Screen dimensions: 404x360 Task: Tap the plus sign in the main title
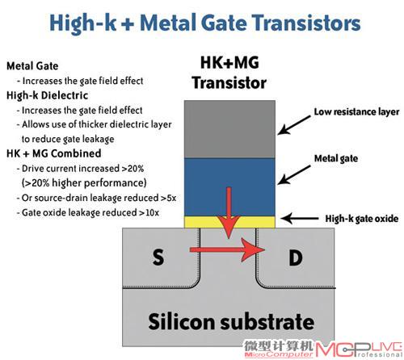[x=128, y=23]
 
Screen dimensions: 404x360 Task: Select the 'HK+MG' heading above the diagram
[x=229, y=62]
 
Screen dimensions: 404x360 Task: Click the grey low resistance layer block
[x=229, y=129]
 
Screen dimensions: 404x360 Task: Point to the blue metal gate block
[x=229, y=187]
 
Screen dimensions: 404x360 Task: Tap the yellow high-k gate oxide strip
[x=229, y=222]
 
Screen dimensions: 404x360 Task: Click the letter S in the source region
[x=158, y=257]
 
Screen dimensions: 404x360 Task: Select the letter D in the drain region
[x=296, y=257]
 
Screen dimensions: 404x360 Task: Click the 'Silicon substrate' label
[x=231, y=321]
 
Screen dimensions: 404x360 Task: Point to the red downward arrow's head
[x=229, y=227]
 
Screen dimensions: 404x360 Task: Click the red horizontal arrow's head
[x=253, y=249]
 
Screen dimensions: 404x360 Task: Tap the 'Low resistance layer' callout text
[x=356, y=112]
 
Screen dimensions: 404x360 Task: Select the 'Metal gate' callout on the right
[x=336, y=158]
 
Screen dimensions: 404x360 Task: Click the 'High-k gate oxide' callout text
[x=362, y=219]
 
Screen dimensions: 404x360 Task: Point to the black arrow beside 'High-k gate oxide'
[x=300, y=219]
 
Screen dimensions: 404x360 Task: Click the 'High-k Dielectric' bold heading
[x=47, y=95]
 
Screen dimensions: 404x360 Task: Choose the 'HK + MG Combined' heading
[x=54, y=153]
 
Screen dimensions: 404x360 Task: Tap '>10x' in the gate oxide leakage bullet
[x=149, y=213]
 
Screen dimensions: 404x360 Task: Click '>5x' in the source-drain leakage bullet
[x=168, y=198]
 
